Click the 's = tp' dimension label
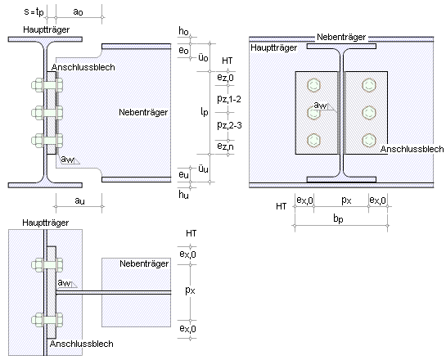pyautogui.click(x=34, y=12)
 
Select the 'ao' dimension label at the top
pyautogui.click(x=78, y=11)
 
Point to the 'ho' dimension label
pyautogui.click(x=183, y=31)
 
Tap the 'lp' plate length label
pyautogui.click(x=205, y=112)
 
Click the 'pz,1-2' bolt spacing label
pyautogui.click(x=229, y=99)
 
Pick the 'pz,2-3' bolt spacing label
pyautogui.click(x=229, y=125)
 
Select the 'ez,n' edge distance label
pyautogui.click(x=225, y=146)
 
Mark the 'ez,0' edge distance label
pyautogui.click(x=225, y=78)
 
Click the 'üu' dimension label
pyautogui.click(x=203, y=169)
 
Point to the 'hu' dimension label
pyautogui.click(x=183, y=195)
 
